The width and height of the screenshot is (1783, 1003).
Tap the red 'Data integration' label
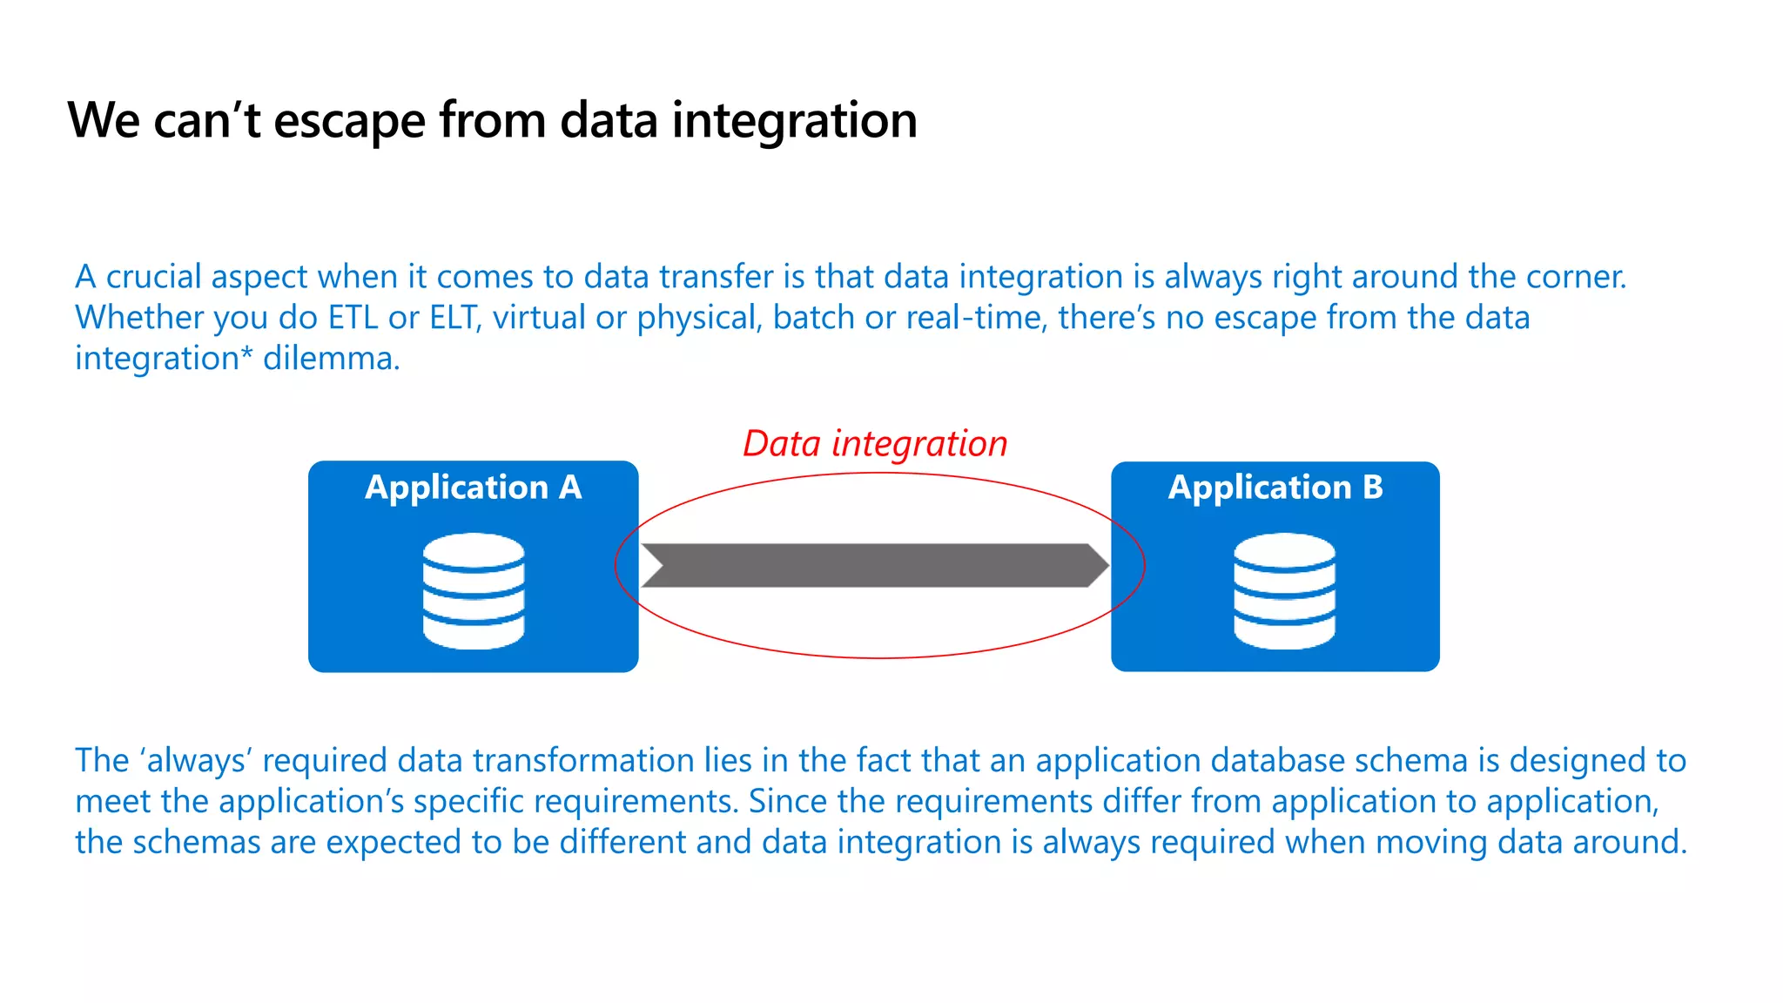(875, 444)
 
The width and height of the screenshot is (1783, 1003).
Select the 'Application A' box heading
(473, 488)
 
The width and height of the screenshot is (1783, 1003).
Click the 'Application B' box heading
(1275, 488)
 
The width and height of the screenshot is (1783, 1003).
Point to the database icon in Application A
(474, 591)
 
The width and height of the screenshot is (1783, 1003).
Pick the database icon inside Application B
(1284, 591)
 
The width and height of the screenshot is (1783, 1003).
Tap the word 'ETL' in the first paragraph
(353, 318)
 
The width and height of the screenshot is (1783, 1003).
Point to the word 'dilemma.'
(332, 359)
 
